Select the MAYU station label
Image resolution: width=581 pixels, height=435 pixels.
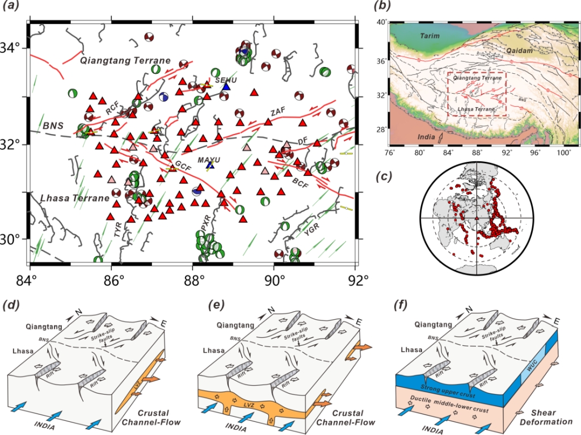(x=209, y=160)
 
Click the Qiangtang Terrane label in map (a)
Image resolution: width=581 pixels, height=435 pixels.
(x=125, y=61)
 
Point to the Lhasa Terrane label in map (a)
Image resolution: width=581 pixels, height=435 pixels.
(x=74, y=198)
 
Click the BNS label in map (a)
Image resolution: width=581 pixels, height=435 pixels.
(x=53, y=126)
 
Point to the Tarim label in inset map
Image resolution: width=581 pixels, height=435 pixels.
(x=430, y=36)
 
